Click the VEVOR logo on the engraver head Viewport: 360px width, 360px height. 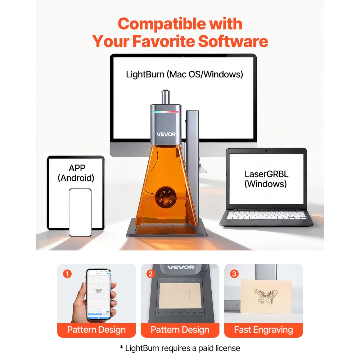[x=166, y=134]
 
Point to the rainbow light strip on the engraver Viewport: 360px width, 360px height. [x=166, y=112]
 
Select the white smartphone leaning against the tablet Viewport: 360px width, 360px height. [x=80, y=212]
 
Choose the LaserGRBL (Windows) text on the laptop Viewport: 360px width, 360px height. [x=266, y=179]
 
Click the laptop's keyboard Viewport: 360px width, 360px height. [x=266, y=215]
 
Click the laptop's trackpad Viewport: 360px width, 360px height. [x=266, y=221]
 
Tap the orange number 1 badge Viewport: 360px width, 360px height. [x=67, y=274]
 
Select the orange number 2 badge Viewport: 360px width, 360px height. [x=150, y=274]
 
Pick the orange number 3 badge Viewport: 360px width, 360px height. [x=234, y=274]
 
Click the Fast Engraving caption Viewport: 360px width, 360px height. [x=264, y=330]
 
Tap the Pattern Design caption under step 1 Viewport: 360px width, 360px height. [x=96, y=330]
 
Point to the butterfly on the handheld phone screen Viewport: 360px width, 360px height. [x=98, y=291]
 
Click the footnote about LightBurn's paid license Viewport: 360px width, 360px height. [x=180, y=348]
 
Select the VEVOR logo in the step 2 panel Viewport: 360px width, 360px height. [x=180, y=267]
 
